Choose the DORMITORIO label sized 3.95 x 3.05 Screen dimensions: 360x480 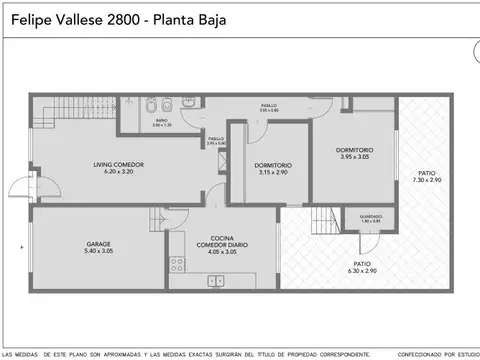(360, 151)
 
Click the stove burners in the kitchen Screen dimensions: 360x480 (176, 265)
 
